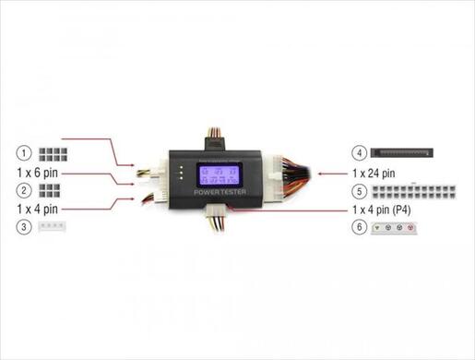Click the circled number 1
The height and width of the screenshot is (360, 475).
[x=25, y=151]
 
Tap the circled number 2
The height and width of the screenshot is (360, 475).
[x=25, y=191]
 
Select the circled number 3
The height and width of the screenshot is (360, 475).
[x=25, y=226]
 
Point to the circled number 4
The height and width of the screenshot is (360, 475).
[x=361, y=151]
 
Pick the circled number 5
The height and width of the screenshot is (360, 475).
[x=361, y=192]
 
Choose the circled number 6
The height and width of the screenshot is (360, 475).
[x=361, y=226]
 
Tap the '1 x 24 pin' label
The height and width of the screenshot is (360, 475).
[x=374, y=172]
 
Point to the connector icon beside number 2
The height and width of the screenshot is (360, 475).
[x=48, y=191]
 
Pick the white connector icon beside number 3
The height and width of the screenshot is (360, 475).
[x=51, y=226]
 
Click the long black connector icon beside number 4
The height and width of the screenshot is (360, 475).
[x=404, y=151]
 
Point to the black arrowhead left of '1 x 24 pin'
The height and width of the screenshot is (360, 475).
[x=320, y=173]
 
